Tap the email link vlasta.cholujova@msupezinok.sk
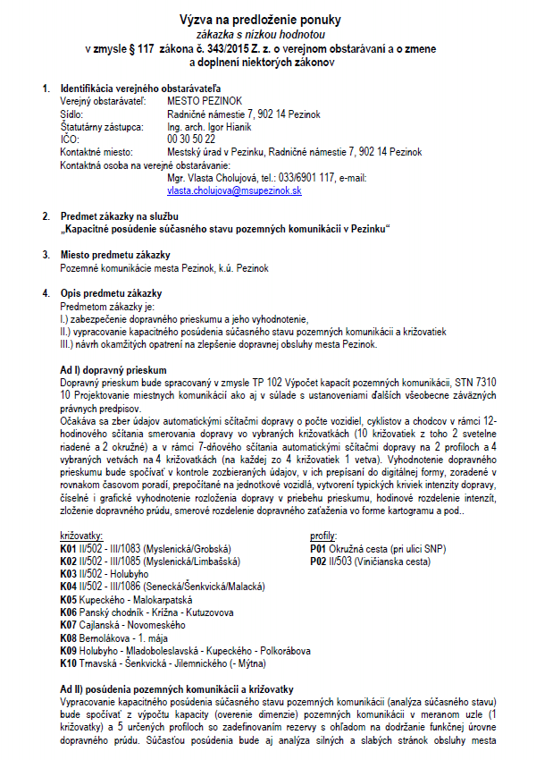tap(233, 190)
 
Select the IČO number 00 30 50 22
tap(190, 139)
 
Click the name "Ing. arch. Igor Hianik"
tap(208, 127)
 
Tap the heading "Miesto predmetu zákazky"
tap(114, 255)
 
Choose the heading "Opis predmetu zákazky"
tap(111, 293)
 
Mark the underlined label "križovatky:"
tap(82, 535)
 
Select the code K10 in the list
tap(69, 663)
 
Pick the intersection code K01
tap(69, 547)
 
